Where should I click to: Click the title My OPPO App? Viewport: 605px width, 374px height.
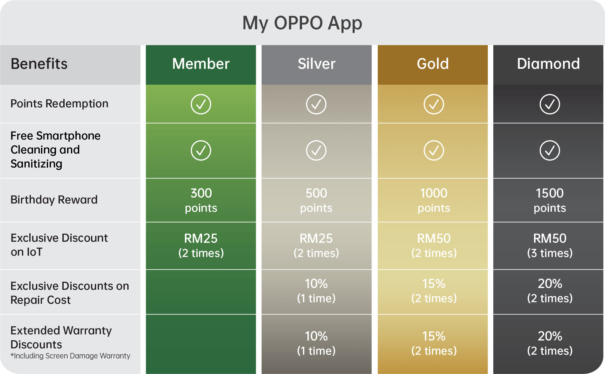pyautogui.click(x=302, y=23)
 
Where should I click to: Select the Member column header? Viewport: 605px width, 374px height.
pyautogui.click(x=201, y=64)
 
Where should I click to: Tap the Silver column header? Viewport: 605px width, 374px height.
pyautogui.click(x=316, y=64)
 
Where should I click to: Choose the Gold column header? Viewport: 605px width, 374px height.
pyautogui.click(x=433, y=64)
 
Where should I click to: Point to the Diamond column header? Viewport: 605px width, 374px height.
pyautogui.click(x=548, y=64)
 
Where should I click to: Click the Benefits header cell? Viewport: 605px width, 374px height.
pyautogui.click(x=39, y=64)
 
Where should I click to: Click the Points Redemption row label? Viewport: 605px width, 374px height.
pyautogui.click(x=60, y=104)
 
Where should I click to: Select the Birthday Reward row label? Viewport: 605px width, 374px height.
pyautogui.click(x=54, y=200)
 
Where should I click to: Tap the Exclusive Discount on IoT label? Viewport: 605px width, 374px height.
pyautogui.click(x=59, y=245)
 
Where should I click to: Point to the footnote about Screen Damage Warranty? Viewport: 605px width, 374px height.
pyautogui.click(x=70, y=356)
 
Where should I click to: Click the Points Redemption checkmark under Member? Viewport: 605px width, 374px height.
pyautogui.click(x=201, y=104)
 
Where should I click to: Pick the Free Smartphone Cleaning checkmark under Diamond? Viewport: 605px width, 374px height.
pyautogui.click(x=550, y=150)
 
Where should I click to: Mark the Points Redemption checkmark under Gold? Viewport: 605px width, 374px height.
pyautogui.click(x=434, y=104)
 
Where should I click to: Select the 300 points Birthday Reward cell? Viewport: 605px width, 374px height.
pyautogui.click(x=201, y=200)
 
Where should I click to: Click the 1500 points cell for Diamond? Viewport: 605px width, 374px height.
pyautogui.click(x=550, y=200)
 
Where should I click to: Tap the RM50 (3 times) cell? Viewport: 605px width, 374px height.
pyautogui.click(x=550, y=245)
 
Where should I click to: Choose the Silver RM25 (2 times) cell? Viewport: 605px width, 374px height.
pyautogui.click(x=316, y=245)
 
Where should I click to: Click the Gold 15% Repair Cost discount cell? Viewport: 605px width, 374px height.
pyautogui.click(x=434, y=291)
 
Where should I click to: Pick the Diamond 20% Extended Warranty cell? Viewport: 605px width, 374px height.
pyautogui.click(x=550, y=343)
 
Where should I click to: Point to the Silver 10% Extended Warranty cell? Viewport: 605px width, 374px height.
pyautogui.click(x=316, y=343)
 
